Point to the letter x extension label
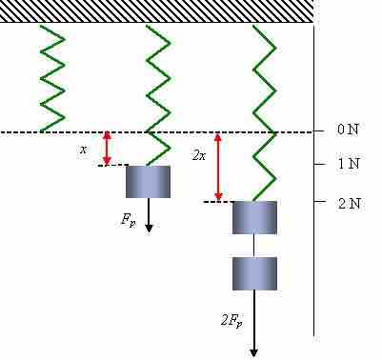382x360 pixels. pyautogui.click(x=83, y=150)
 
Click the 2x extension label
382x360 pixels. pyautogui.click(x=199, y=155)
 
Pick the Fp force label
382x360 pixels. pyautogui.click(x=128, y=219)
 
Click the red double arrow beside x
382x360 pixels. pyautogui.click(x=107, y=148)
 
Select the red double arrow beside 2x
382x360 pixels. pyautogui.click(x=218, y=167)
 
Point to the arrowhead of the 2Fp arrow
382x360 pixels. pyautogui.click(x=254, y=351)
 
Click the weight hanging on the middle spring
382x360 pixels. pyautogui.click(x=149, y=181)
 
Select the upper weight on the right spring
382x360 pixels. pyautogui.click(x=254, y=217)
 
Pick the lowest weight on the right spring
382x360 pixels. pyautogui.click(x=254, y=272)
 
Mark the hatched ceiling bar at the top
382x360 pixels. pyautogui.click(x=157, y=10)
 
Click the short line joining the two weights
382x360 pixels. pyautogui.click(x=254, y=245)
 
